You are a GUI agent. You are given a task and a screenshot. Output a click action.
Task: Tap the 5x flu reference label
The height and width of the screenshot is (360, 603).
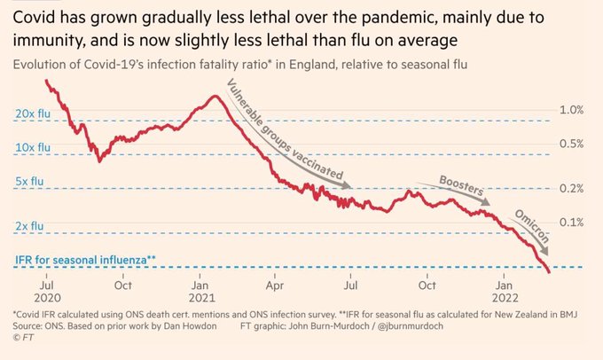pyautogui.click(x=28, y=181)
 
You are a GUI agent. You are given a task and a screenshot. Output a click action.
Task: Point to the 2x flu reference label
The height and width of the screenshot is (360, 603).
pyautogui.click(x=28, y=226)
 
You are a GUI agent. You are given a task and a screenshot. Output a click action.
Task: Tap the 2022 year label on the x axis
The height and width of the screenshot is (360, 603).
pyautogui.click(x=507, y=299)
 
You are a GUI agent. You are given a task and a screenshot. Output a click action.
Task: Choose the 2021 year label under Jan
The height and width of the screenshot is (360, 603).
pyautogui.click(x=201, y=299)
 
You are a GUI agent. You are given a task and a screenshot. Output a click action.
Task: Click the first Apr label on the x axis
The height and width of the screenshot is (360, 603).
pyautogui.click(x=276, y=286)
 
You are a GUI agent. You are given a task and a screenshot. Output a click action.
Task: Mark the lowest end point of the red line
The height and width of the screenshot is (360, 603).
pyautogui.click(x=549, y=272)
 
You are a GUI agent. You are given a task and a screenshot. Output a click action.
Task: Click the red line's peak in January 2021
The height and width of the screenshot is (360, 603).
pyautogui.click(x=215, y=95)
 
